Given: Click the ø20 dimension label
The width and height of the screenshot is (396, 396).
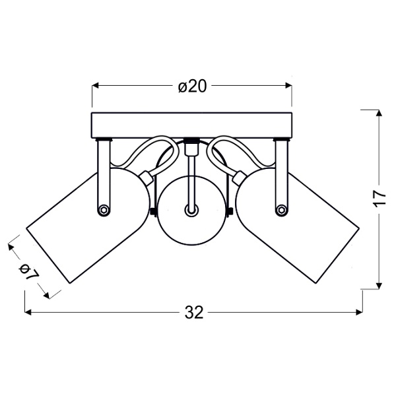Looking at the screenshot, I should click(192, 86).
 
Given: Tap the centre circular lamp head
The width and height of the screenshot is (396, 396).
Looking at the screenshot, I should click(191, 211).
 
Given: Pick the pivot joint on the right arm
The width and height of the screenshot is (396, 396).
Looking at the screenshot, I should click(281, 210).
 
